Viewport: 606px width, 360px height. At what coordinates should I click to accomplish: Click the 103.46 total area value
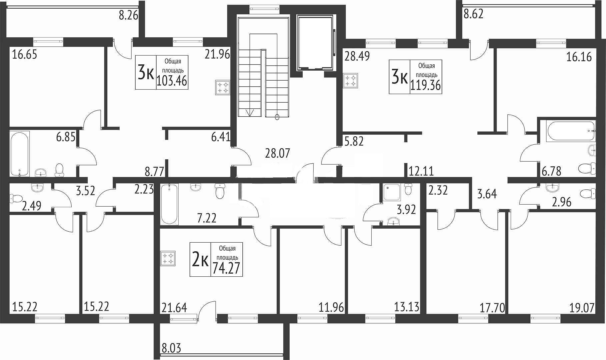172,81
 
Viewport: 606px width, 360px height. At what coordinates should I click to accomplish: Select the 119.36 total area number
426,85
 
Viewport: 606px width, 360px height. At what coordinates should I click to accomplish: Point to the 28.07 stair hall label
278,154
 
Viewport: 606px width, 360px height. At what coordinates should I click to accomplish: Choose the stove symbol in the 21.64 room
168,259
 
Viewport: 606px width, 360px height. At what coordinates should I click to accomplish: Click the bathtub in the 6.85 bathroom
20,153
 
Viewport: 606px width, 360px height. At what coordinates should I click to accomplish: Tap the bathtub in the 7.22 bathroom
170,204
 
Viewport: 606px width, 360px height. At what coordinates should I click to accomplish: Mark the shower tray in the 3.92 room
393,192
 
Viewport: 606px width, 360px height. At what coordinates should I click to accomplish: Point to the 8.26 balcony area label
129,15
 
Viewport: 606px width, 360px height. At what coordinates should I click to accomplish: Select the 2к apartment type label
200,260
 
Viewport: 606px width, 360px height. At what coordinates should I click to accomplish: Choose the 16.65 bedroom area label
25,54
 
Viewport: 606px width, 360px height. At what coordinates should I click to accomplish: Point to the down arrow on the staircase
250,113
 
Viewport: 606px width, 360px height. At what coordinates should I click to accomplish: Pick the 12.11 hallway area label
421,171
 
